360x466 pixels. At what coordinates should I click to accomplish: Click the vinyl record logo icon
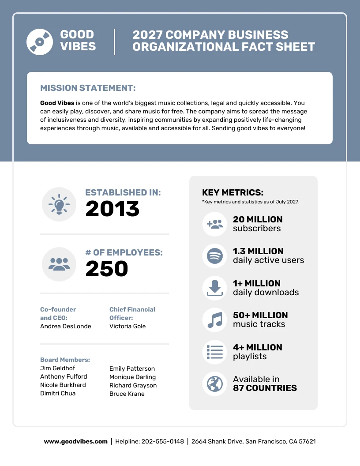pyautogui.click(x=40, y=41)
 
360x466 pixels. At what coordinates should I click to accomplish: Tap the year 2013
pyautogui.click(x=112, y=209)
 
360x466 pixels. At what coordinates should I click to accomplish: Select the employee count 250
pyautogui.click(x=106, y=269)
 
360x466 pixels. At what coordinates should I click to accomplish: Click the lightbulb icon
pyautogui.click(x=59, y=204)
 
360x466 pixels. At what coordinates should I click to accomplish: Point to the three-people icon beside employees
pyautogui.click(x=59, y=264)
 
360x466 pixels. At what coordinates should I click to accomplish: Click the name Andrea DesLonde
pyautogui.click(x=65, y=326)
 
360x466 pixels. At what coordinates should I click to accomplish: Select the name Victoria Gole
pyautogui.click(x=127, y=326)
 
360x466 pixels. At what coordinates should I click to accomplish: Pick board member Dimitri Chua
pyautogui.click(x=58, y=393)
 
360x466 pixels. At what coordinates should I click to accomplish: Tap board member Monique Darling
pyautogui.click(x=132, y=377)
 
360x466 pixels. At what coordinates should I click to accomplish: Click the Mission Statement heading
pyautogui.click(x=88, y=88)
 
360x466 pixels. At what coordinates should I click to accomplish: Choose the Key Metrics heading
pyautogui.click(x=232, y=192)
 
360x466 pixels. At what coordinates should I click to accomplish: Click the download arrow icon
pyautogui.click(x=215, y=288)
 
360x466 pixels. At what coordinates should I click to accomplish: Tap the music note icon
pyautogui.click(x=215, y=319)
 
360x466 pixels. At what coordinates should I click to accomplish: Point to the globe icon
pyautogui.click(x=215, y=383)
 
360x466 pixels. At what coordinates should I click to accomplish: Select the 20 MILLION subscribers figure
pyautogui.click(x=258, y=219)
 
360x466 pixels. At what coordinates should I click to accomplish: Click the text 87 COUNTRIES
pyautogui.click(x=265, y=388)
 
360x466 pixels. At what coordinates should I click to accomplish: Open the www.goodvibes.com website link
pyautogui.click(x=75, y=441)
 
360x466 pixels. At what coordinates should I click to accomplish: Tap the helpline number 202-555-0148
pyautogui.click(x=162, y=441)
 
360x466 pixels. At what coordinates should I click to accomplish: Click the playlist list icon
pyautogui.click(x=215, y=352)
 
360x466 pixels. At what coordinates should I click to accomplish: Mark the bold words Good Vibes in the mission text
pyautogui.click(x=57, y=103)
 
